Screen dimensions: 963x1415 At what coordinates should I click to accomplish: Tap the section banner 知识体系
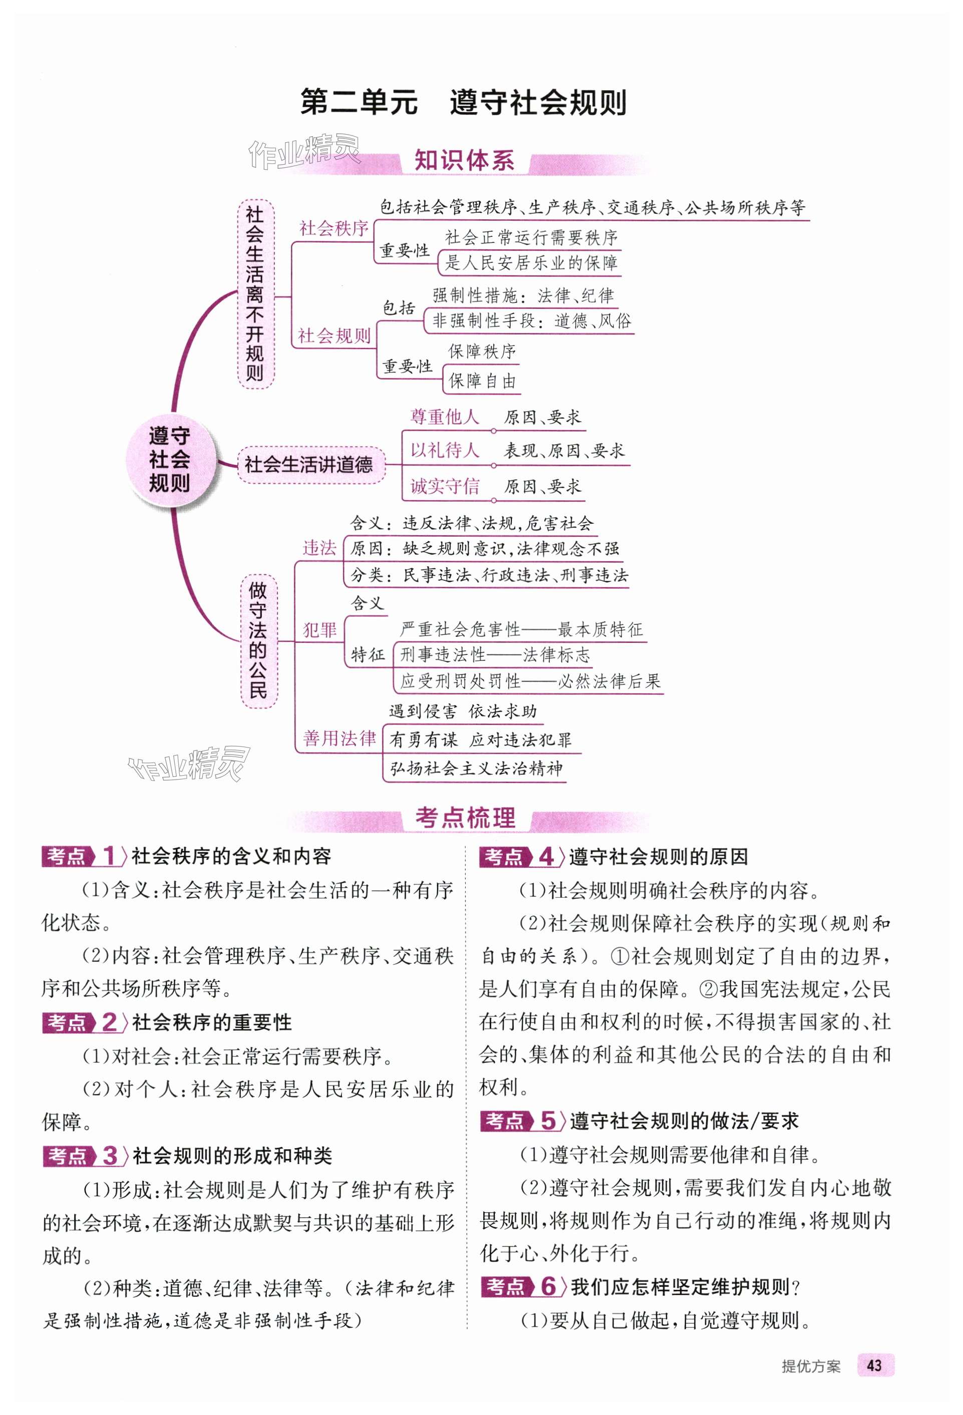pyautogui.click(x=464, y=161)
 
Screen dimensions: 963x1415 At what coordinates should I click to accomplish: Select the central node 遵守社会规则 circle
pyautogui.click(x=170, y=460)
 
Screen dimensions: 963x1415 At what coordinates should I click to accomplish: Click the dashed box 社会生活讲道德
pyautogui.click(x=309, y=465)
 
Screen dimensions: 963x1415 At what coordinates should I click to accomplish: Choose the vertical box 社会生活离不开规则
pyautogui.click(x=255, y=293)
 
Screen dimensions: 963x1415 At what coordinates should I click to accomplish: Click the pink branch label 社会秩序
pyautogui.click(x=334, y=228)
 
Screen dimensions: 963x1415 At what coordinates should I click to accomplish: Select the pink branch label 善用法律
pyautogui.click(x=339, y=738)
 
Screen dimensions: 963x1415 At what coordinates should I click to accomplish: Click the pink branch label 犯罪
pyautogui.click(x=320, y=630)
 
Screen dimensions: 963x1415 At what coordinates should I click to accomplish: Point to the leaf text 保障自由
pyautogui.click(x=482, y=381)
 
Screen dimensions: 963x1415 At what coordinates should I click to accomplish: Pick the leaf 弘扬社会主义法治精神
pyautogui.click(x=476, y=769)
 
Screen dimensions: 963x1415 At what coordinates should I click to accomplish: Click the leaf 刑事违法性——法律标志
pyautogui.click(x=495, y=655)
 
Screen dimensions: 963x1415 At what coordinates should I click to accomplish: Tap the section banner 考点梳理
pyautogui.click(x=465, y=818)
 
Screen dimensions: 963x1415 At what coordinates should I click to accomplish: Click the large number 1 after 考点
pyautogui.click(x=109, y=856)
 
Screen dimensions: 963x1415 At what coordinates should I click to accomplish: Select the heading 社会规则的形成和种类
pyautogui.click(x=233, y=1156)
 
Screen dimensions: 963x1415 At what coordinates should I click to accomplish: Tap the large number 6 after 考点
pyautogui.click(x=548, y=1286)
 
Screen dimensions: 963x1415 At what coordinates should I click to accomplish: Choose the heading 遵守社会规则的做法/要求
pyautogui.click(x=684, y=1121)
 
